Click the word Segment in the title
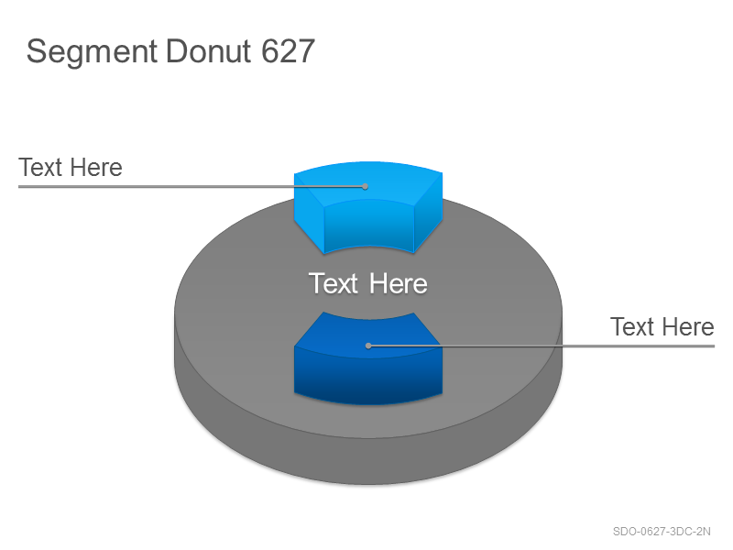92,52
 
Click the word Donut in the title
209,50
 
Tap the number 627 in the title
288,50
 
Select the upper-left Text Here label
71,168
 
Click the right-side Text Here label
662,326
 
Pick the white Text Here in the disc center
368,283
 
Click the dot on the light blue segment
365,187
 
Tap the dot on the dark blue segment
368,346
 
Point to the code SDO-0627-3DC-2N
662,532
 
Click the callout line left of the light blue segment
191,187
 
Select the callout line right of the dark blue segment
542,346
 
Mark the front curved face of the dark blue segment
368,379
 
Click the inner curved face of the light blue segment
369,225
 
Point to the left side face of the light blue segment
309,213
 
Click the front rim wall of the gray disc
368,461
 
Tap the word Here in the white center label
399,283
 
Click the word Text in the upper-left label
40,168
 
